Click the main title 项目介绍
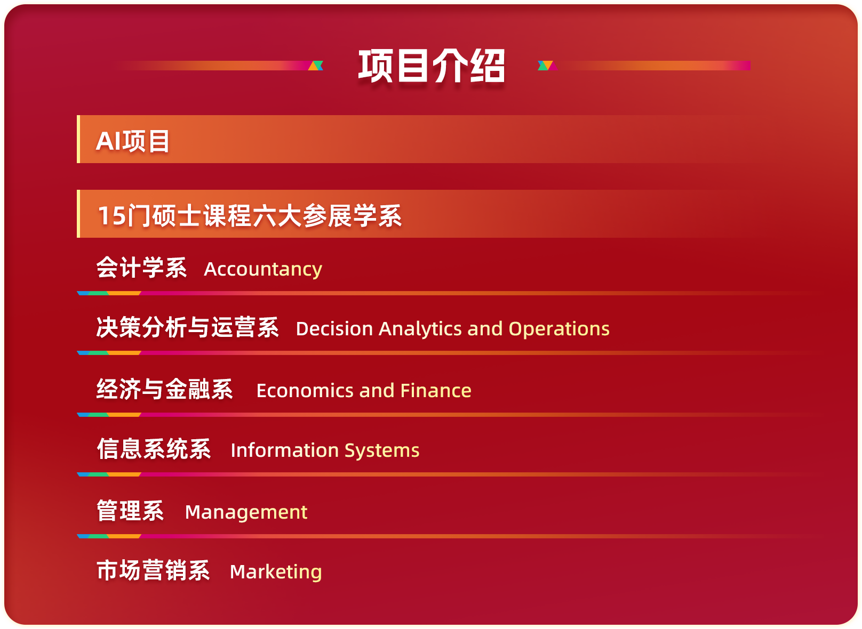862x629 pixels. coord(432,66)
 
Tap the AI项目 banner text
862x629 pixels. coord(132,141)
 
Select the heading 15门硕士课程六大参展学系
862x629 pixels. coord(250,216)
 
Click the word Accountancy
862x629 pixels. coord(263,269)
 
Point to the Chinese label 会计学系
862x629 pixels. coord(141,267)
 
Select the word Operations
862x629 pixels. coord(559,329)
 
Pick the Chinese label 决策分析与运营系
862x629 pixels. coord(187,327)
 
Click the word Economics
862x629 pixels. coord(305,391)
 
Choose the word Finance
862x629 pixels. coord(436,391)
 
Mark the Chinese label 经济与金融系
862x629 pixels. coord(165,389)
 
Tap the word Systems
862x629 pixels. coord(382,451)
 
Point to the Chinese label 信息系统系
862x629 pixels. coord(154,449)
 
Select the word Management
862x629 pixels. coord(246,512)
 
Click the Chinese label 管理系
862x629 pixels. coord(131,511)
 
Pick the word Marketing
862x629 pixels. coord(276,572)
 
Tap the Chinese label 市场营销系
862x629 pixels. coord(153,570)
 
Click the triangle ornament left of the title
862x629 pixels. coord(316,66)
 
